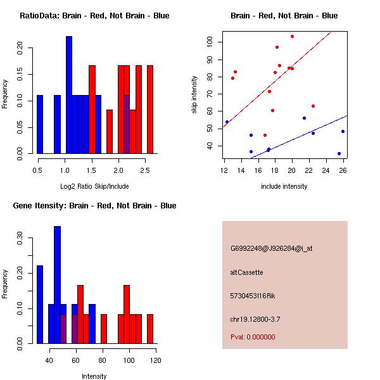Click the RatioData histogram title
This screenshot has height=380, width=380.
[94, 16]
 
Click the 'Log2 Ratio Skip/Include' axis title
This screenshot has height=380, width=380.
[94, 186]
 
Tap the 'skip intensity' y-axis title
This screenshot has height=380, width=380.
[195, 94]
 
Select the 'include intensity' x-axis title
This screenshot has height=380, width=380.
[284, 186]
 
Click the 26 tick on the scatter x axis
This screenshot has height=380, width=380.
[343, 170]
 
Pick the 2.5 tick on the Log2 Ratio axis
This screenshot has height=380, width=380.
[145, 170]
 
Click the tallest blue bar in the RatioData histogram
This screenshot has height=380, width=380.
[69, 95]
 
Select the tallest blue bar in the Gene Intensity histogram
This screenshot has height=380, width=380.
[57, 285]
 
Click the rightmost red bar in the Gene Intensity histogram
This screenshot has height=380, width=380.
[150, 329]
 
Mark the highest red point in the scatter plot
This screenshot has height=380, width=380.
[292, 36]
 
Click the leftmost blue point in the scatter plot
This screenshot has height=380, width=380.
[227, 122]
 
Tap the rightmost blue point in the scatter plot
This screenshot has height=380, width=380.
[343, 131]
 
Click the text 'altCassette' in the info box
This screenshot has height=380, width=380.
[246, 272]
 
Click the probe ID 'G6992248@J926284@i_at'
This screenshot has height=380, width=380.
[271, 248]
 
